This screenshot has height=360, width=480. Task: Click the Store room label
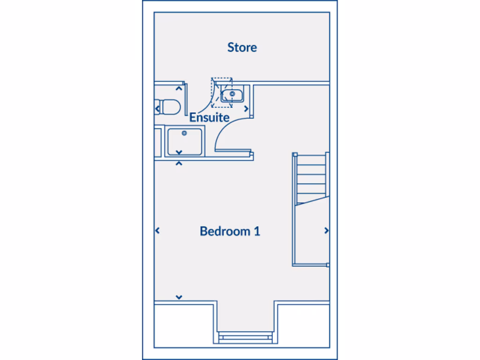click(242, 47)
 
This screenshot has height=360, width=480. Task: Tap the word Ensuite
click(209, 117)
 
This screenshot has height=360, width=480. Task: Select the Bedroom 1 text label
click(230, 231)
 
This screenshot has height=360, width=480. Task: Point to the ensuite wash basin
click(232, 96)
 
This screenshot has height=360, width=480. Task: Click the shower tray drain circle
click(184, 134)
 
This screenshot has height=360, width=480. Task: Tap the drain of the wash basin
click(232, 94)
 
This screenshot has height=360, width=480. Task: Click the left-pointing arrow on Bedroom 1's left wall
click(157, 231)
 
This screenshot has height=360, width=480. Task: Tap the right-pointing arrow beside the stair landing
click(326, 231)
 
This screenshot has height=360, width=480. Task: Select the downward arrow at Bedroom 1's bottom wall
click(179, 297)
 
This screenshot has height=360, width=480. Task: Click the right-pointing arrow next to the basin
click(246, 109)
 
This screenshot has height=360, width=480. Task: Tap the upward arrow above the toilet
click(179, 88)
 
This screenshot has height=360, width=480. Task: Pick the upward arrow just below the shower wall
click(179, 164)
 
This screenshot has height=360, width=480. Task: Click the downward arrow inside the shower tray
click(179, 152)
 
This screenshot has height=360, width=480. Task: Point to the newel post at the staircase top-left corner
click(295, 154)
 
